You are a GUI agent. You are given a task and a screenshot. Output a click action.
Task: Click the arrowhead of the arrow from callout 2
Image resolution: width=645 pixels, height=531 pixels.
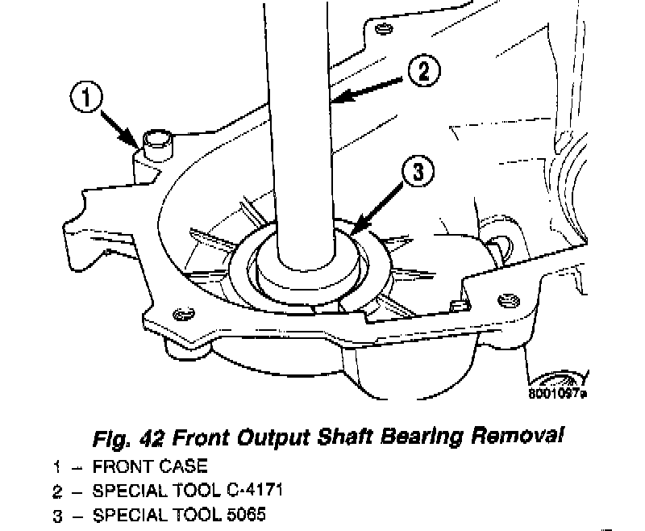point(335,102)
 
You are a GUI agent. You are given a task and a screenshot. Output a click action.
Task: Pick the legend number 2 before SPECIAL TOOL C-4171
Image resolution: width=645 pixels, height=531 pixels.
point(57,490)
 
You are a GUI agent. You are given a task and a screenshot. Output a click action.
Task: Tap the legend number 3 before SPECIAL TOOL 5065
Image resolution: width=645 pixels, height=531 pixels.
point(57,514)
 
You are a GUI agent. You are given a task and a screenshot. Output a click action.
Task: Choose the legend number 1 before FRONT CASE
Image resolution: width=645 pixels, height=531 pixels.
point(57,466)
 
